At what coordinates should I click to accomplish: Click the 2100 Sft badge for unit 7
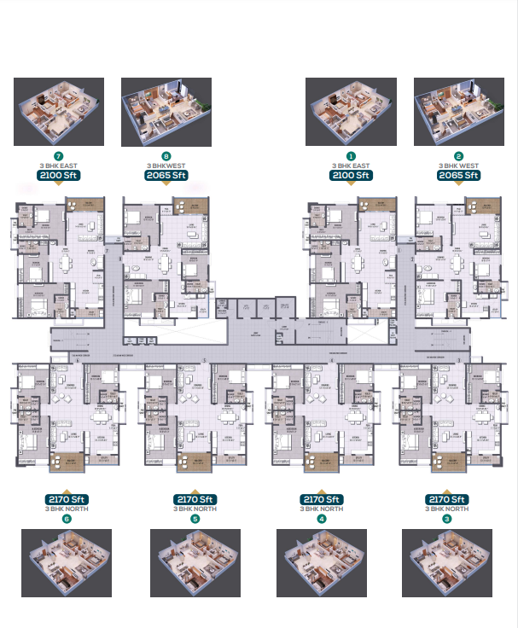pos(58,175)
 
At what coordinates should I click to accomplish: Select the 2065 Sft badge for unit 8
pos(166,175)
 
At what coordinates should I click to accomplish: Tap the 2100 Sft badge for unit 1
pos(351,175)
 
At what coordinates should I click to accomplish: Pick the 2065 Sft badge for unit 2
pos(458,175)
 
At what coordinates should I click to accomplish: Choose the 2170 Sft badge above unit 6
pos(67,499)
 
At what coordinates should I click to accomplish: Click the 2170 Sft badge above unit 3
pos(446,499)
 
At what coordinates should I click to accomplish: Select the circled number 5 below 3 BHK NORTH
pos(195,518)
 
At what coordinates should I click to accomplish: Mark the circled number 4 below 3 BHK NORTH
pos(321,518)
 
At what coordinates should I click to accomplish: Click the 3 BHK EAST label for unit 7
pos(58,166)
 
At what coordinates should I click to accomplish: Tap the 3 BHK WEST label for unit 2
pos(458,166)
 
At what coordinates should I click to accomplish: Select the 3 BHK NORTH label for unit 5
pos(195,509)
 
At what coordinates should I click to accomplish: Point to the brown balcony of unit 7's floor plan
pos(84,206)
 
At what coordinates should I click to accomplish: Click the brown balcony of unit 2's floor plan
pos(482,206)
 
